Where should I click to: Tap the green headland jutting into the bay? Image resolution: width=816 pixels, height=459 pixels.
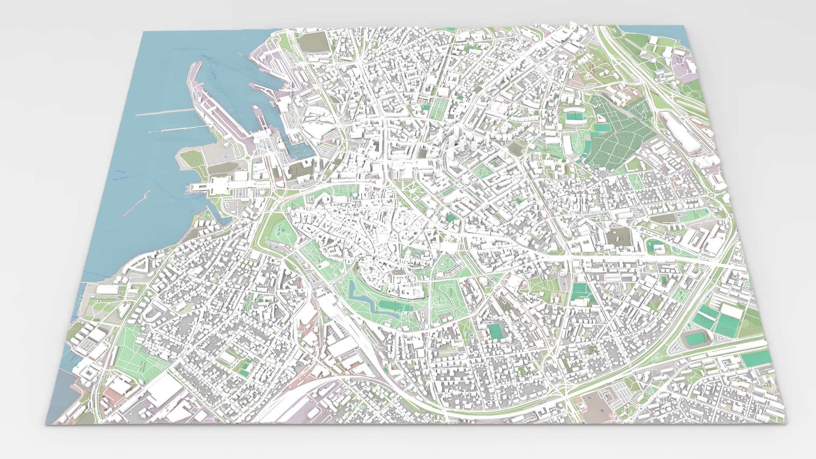pyautogui.click(x=191, y=159)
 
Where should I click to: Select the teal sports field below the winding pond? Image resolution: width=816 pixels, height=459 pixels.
pyautogui.click(x=393, y=305)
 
